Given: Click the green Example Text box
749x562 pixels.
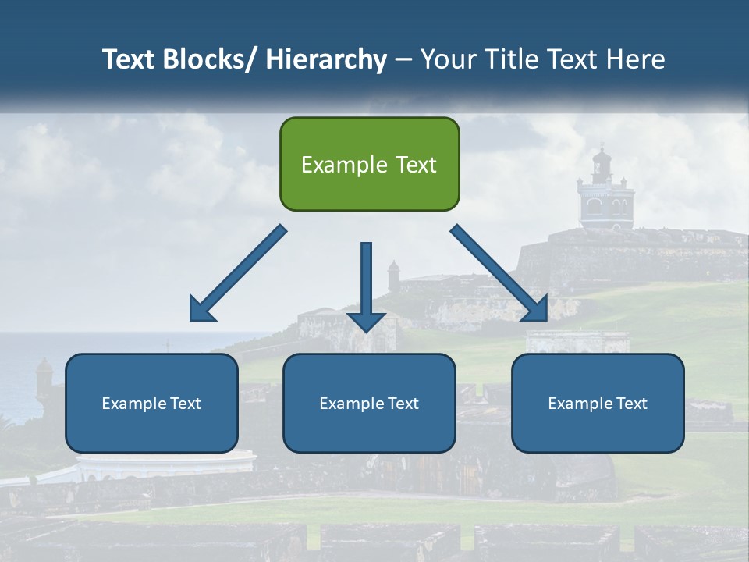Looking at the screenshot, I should pos(369,164).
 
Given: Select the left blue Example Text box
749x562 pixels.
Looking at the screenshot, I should pos(151,403).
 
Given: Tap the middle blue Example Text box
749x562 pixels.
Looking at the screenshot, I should pos(369,403).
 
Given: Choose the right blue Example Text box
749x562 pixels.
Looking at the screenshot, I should pos(598,403).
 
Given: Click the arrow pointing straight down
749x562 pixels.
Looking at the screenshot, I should pos(366,285).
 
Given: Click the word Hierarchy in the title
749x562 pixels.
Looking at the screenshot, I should pos(326,59).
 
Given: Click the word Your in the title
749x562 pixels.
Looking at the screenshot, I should pos(448,59).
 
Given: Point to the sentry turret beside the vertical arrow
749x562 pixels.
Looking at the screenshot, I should pos(393,276).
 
